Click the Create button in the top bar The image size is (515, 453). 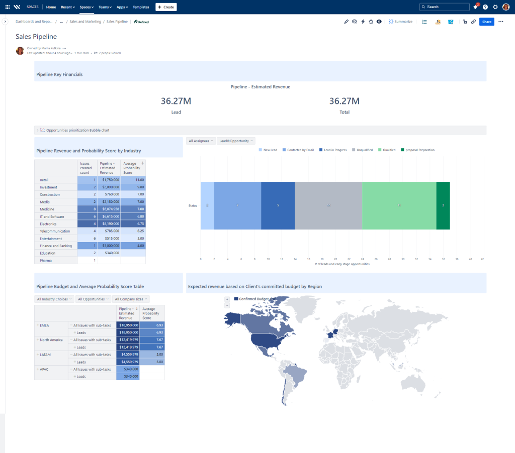pos(166,7)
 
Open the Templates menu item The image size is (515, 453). pos(141,7)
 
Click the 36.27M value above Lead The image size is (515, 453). pos(176,101)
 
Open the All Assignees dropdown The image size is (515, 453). pos(201,141)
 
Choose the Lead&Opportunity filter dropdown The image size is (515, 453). pos(236,141)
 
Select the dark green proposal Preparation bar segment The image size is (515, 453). pos(443,205)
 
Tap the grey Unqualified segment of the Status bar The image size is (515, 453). pos(328,205)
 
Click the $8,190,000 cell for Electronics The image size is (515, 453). pos(109,224)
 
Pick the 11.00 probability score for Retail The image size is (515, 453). pos(133,180)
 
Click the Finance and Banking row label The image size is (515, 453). pos(56,246)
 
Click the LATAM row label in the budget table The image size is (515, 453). pos(45,355)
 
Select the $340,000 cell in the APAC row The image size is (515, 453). pos(128,369)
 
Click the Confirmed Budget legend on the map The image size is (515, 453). pos(256,299)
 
